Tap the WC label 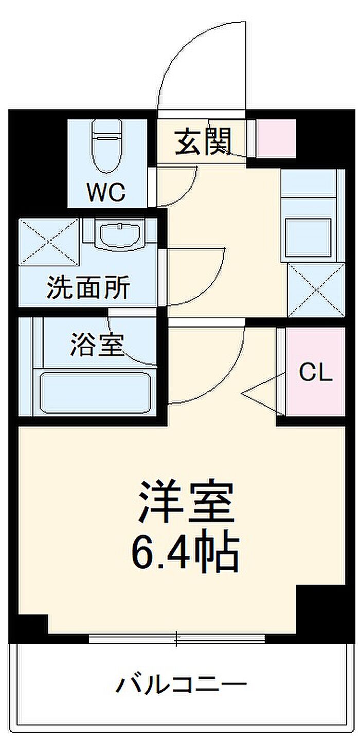point(105,192)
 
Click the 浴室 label point(97,345)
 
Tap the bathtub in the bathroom point(95,391)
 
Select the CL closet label point(316,373)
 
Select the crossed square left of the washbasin point(50,241)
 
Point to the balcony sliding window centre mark point(176,639)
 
